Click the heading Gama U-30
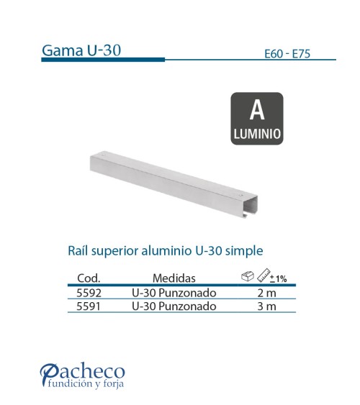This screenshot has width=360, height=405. (81, 50)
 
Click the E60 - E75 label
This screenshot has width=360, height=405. (289, 53)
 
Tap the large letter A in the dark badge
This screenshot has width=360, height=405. (257, 111)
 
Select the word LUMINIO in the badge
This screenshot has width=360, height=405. (257, 133)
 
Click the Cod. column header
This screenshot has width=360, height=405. (88, 278)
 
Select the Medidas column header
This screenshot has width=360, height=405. (174, 278)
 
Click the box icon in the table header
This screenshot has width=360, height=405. (246, 275)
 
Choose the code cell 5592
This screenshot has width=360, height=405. (88, 293)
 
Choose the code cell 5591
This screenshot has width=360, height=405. (88, 306)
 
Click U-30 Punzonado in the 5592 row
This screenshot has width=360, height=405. (174, 293)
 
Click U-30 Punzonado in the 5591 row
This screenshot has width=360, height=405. (174, 306)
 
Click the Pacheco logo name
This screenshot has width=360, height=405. (82, 371)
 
